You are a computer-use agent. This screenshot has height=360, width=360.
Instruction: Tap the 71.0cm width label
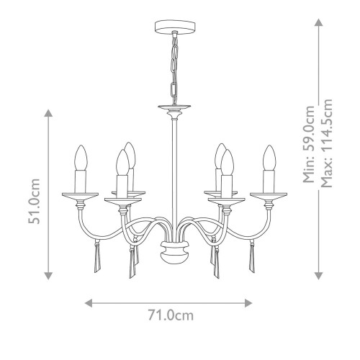(171, 315)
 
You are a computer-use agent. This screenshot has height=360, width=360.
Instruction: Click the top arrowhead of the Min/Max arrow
(318, 23)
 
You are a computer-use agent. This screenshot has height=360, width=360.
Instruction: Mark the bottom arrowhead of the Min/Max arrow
(318, 274)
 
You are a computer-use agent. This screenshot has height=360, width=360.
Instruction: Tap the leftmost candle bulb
(81, 156)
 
